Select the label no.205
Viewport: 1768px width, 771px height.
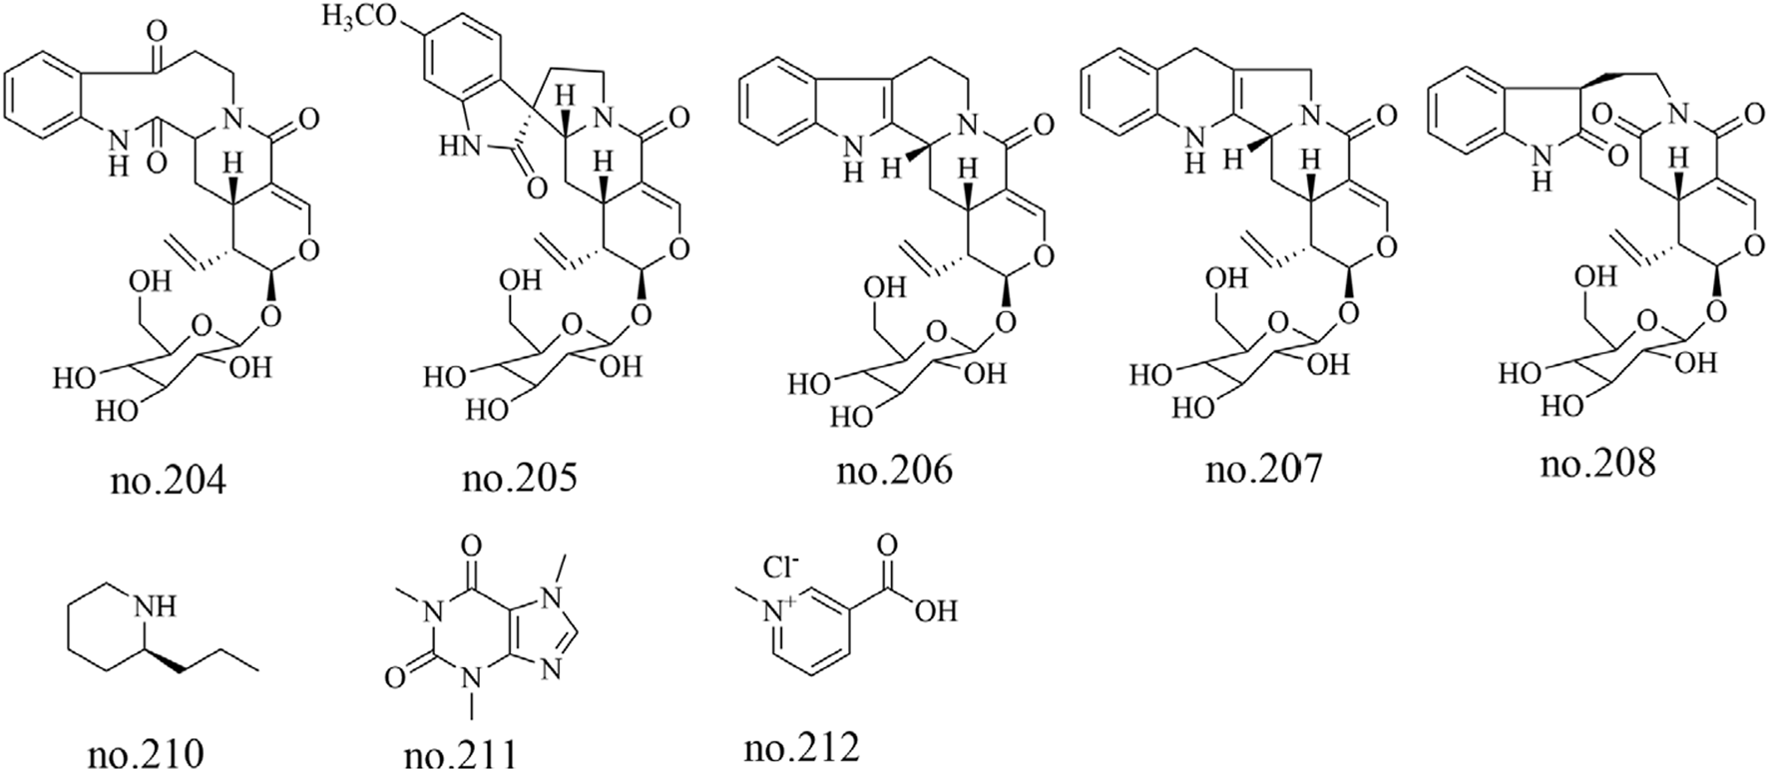pyautogui.click(x=520, y=481)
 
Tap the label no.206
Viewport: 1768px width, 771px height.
pyautogui.click(x=895, y=468)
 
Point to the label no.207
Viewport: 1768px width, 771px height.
pyautogui.click(x=1263, y=468)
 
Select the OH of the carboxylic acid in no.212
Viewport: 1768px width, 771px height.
pyautogui.click(x=936, y=608)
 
